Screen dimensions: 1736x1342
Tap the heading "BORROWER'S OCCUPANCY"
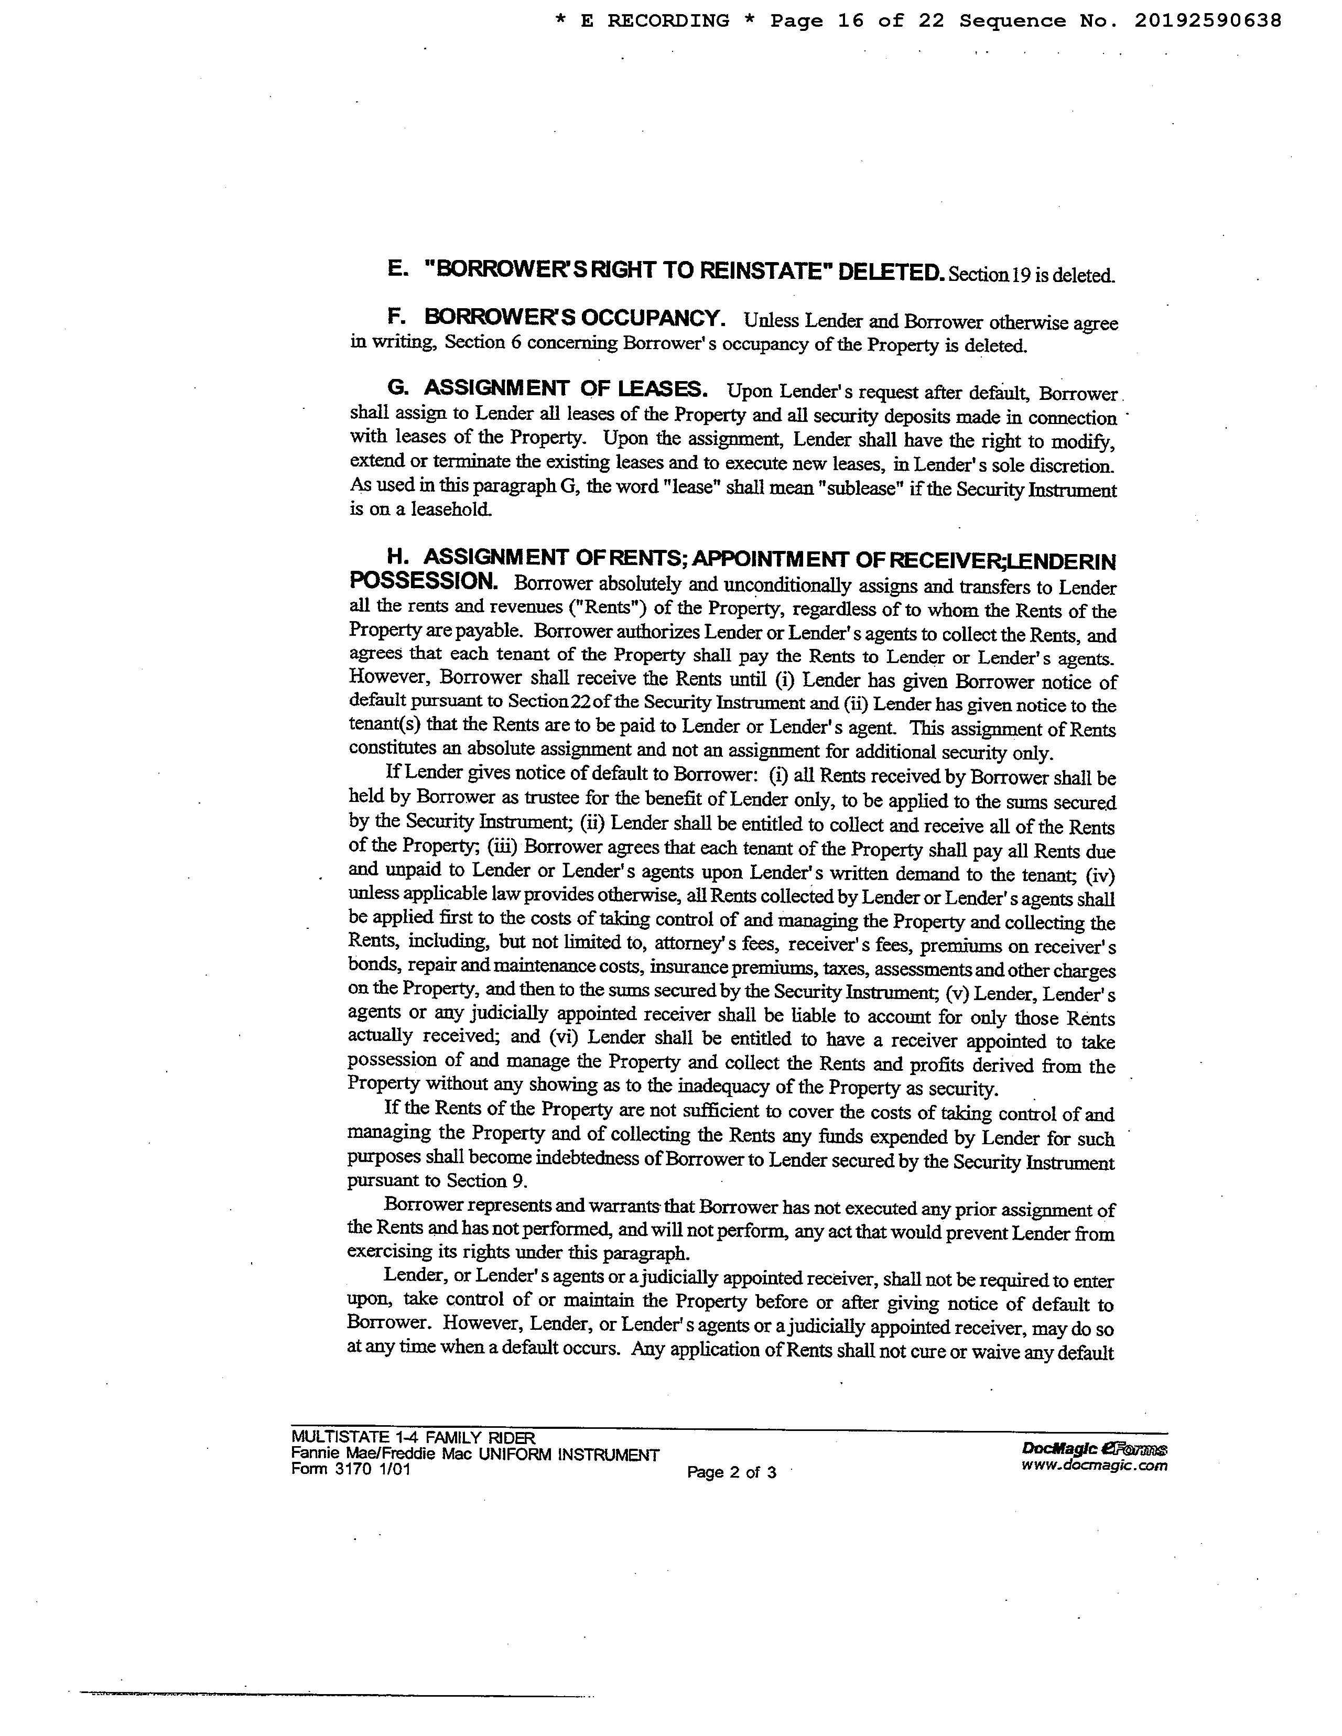point(574,318)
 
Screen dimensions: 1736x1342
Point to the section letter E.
point(396,269)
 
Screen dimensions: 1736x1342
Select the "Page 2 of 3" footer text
point(731,1472)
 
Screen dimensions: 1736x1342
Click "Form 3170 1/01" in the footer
point(351,1469)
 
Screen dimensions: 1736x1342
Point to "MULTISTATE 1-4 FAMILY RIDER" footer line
point(413,1437)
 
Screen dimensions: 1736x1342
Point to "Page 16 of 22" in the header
point(857,20)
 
